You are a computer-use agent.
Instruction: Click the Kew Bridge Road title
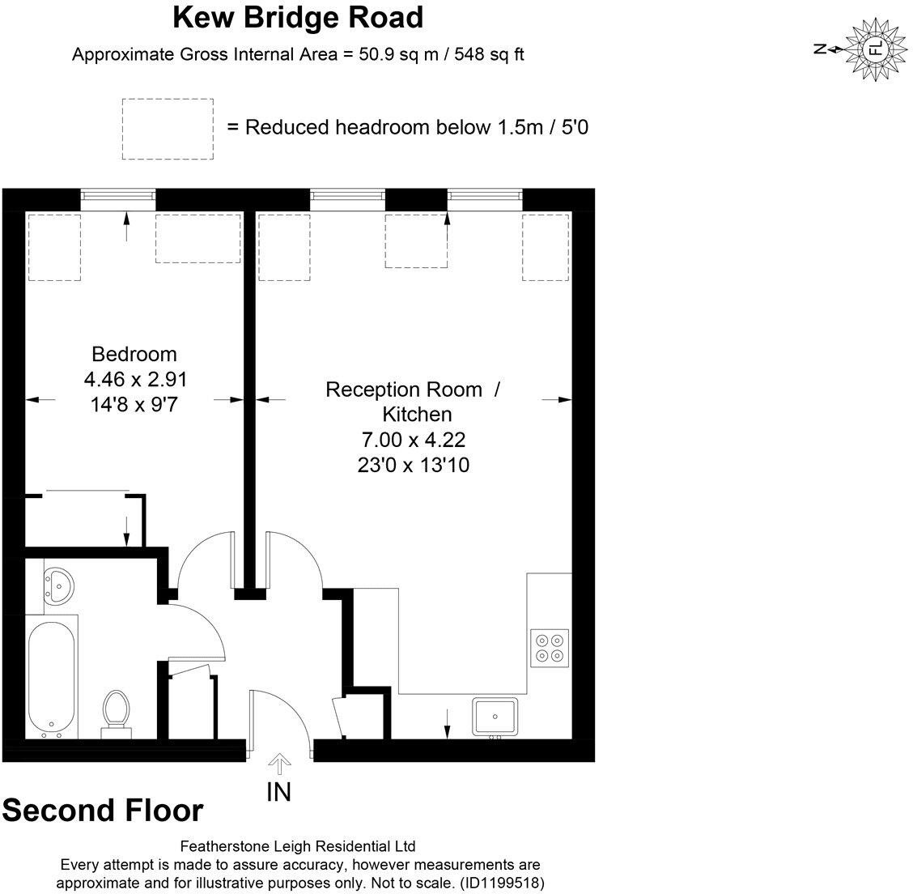(299, 16)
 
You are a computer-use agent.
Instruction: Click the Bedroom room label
(134, 354)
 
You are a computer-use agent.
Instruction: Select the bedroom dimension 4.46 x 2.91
(135, 379)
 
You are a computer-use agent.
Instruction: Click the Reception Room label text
(404, 390)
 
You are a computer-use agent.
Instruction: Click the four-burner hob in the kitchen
(550, 648)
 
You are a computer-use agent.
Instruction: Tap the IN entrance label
(278, 792)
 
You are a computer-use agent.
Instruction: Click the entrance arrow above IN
(279, 764)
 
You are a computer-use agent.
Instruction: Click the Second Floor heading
(103, 810)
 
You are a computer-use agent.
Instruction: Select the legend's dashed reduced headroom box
(168, 129)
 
